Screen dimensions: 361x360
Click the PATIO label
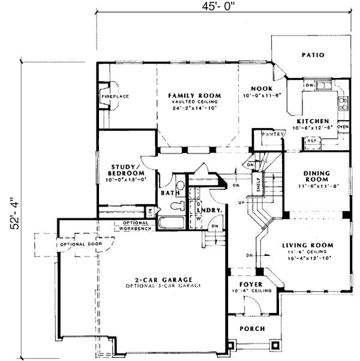[313, 55]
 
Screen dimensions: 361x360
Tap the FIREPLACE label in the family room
[115, 96]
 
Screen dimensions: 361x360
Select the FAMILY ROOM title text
[194, 96]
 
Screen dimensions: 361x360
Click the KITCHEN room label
[312, 121]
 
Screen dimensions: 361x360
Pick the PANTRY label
[272, 135]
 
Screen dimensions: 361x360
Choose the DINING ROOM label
[316, 175]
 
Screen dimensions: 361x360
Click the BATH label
[167, 193]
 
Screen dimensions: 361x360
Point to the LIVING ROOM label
[308, 245]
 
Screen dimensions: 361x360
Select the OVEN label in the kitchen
[343, 127]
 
